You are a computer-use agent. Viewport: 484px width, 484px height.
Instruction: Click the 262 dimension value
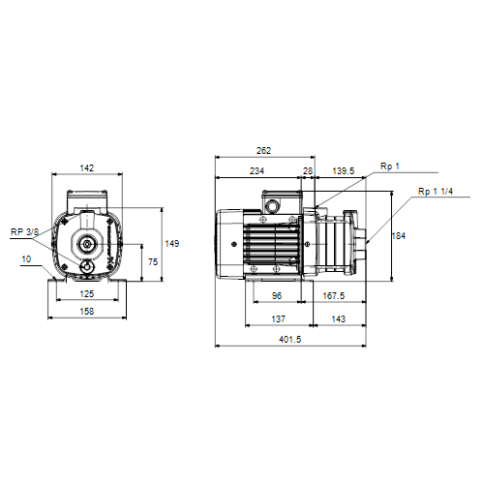coord(263,151)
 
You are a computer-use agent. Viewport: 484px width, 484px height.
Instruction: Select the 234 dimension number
coord(257,170)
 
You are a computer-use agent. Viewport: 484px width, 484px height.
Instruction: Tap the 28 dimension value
coord(308,171)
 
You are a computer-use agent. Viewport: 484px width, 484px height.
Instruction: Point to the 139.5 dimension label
coord(344,170)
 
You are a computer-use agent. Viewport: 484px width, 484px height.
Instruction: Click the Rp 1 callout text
coord(390,166)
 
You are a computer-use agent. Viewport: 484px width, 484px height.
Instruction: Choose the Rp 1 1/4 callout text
coord(436,192)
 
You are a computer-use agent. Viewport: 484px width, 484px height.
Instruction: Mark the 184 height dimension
coord(399,236)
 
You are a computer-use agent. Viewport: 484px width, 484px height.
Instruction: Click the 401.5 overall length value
coord(289,340)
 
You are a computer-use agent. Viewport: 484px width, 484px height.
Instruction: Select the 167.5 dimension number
coord(334,295)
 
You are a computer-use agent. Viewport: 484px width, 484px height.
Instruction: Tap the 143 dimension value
coord(338,318)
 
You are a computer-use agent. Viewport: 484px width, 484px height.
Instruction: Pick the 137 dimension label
coord(278,318)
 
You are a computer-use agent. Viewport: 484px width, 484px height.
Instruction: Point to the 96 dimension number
coord(277,295)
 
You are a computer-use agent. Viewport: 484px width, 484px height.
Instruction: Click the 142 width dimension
coord(87,167)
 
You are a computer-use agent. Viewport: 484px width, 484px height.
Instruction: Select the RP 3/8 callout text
coord(24,231)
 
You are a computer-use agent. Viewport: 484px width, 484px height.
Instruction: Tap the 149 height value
coord(172,243)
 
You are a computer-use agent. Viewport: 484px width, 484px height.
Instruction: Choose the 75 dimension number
coord(153,261)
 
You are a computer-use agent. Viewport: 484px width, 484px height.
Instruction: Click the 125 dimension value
coord(87,293)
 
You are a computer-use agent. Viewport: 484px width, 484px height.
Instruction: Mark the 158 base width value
coord(87,312)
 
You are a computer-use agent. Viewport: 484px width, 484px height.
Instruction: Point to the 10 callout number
coord(26,259)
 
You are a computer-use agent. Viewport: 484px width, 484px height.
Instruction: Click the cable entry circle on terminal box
coord(271,205)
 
